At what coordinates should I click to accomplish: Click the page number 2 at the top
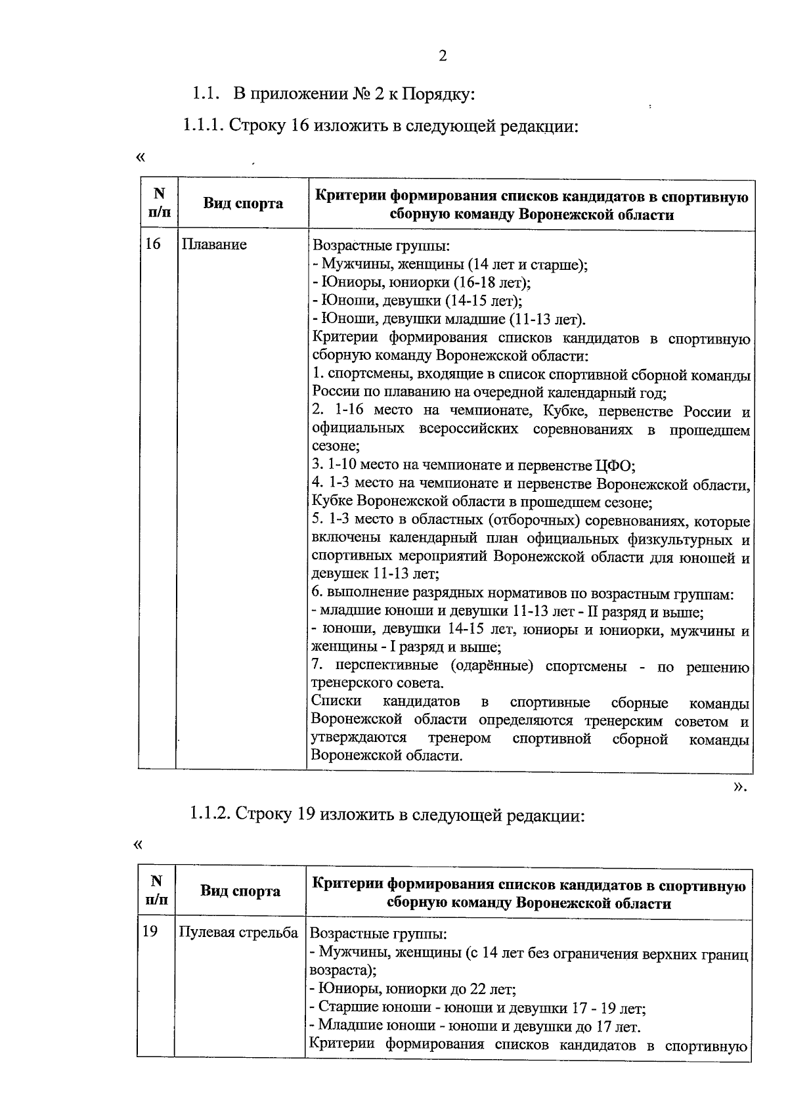(x=442, y=56)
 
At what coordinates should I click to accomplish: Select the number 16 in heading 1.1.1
(x=299, y=126)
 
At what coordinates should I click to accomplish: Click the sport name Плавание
(x=214, y=244)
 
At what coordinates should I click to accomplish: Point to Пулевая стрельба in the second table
(x=239, y=932)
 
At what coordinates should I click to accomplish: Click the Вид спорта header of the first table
(x=242, y=204)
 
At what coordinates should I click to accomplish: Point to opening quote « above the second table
(x=138, y=845)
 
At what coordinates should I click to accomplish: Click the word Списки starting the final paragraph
(x=336, y=701)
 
